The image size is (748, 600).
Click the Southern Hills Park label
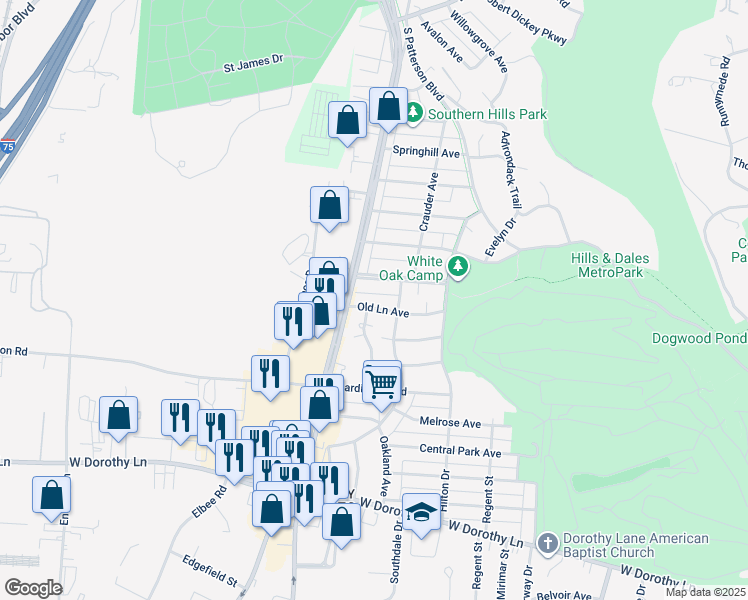coord(487,114)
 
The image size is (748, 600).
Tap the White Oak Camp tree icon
coord(458,266)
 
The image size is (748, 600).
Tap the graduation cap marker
coord(421,513)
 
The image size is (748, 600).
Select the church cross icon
coord(546,544)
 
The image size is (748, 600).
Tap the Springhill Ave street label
coord(425,153)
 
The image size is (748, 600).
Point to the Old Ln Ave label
coord(383,311)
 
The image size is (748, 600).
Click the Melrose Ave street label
coord(450,423)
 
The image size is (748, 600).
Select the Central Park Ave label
coord(460,452)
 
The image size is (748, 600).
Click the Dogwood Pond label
coord(699,338)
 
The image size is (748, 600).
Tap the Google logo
coord(34,588)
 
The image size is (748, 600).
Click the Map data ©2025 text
coord(705,592)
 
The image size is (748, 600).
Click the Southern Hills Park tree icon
coord(414,114)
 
